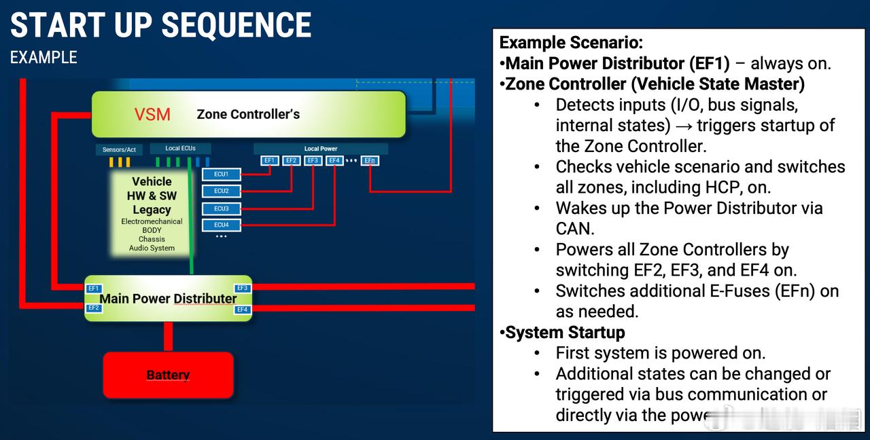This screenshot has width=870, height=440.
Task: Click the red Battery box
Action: (x=168, y=375)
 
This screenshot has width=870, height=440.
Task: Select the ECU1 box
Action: (x=222, y=175)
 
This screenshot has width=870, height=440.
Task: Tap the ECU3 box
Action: (x=222, y=208)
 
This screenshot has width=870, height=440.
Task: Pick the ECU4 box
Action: (x=222, y=225)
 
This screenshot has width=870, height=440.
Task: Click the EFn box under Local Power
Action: (x=370, y=161)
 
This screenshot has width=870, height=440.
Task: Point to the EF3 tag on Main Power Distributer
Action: (x=243, y=289)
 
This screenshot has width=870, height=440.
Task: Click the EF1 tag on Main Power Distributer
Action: (x=94, y=289)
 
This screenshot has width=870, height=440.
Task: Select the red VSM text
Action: (x=152, y=114)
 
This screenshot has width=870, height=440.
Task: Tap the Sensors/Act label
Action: (x=119, y=149)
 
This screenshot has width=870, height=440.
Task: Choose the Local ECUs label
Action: (x=181, y=148)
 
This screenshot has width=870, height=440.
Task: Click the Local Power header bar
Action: (x=321, y=149)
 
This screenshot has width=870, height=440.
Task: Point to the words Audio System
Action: (x=152, y=248)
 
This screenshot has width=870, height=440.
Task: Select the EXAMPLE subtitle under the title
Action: (x=43, y=58)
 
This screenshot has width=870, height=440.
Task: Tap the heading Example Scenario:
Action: (x=571, y=43)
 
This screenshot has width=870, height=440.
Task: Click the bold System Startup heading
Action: (x=565, y=333)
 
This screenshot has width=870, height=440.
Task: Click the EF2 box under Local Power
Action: (x=291, y=161)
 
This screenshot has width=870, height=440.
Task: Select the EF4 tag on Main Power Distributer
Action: (x=243, y=310)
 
